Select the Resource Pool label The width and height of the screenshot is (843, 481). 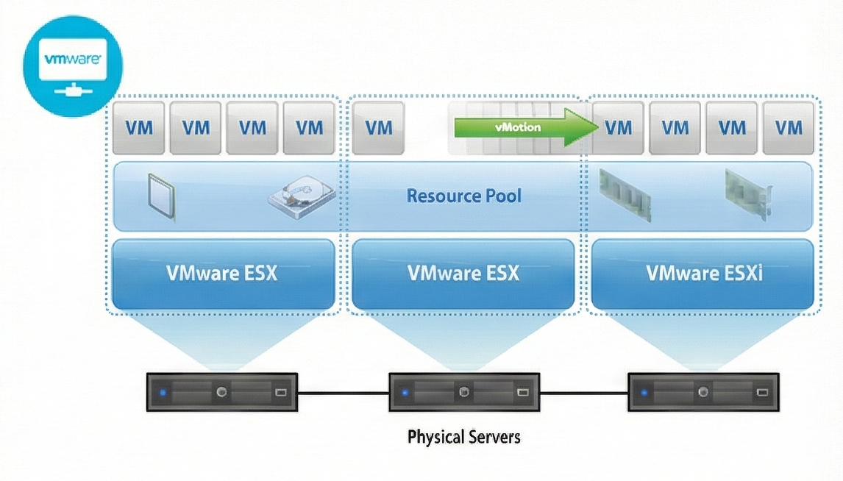[463, 196]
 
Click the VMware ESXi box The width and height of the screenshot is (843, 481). [702, 274]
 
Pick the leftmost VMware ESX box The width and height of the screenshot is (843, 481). [223, 274]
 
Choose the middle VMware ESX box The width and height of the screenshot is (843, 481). [463, 274]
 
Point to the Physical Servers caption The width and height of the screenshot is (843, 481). [463, 437]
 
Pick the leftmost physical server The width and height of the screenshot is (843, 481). [221, 392]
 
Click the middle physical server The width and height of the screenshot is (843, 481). [463, 392]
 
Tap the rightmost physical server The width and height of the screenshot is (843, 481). [703, 392]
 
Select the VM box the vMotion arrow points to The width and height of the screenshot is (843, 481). [618, 127]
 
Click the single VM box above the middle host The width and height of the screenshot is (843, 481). [378, 127]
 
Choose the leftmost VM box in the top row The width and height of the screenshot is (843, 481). [139, 127]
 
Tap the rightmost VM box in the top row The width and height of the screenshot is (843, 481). [789, 127]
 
